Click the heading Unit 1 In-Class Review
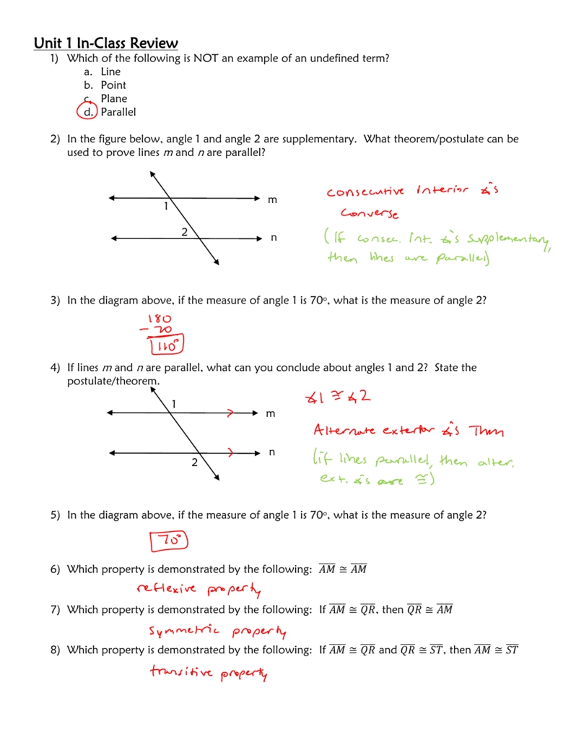click(105, 43)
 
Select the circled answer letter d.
click(88, 112)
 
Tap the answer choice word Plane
click(114, 98)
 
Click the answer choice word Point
click(113, 85)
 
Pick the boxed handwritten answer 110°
click(167, 347)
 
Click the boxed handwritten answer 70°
click(167, 540)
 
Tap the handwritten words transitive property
click(209, 674)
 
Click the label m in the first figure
click(272, 199)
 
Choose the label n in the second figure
click(272, 452)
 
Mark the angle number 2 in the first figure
click(184, 232)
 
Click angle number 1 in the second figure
click(174, 403)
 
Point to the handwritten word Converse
click(369, 215)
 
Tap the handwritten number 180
click(160, 318)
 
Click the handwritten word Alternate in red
click(344, 431)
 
